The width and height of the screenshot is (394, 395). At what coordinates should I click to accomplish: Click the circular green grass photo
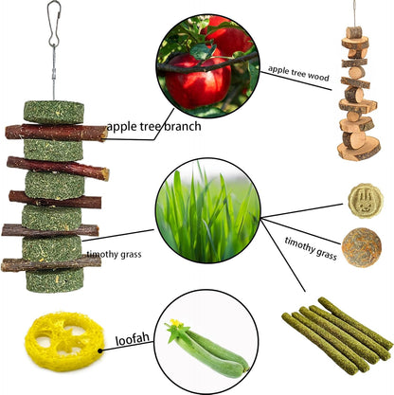pyautogui.click(x=207, y=210)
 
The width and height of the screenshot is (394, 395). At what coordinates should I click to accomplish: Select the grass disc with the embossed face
pyautogui.click(x=364, y=202)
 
